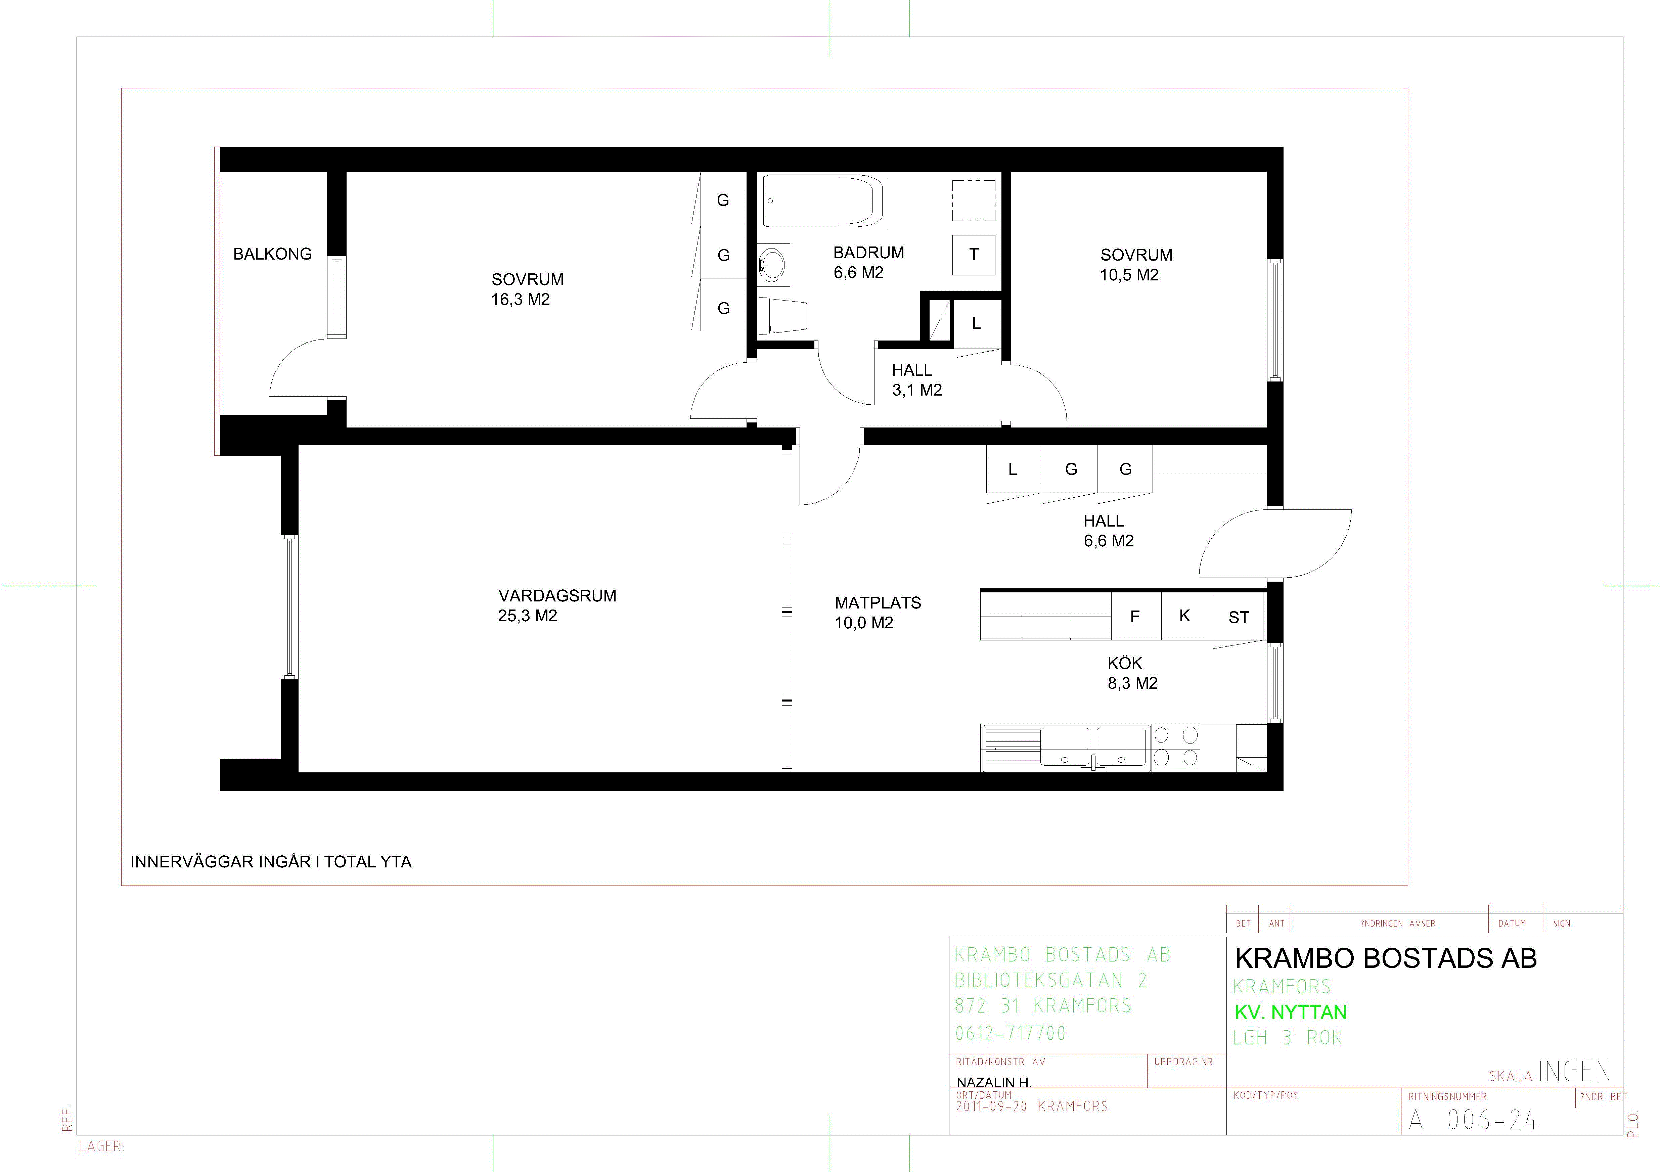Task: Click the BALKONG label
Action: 273,254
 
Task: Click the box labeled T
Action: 974,255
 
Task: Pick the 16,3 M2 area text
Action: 521,299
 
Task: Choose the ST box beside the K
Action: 1239,617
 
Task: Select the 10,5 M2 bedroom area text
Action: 1129,275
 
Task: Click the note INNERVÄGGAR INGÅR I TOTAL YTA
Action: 271,862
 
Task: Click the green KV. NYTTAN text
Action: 1291,1012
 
